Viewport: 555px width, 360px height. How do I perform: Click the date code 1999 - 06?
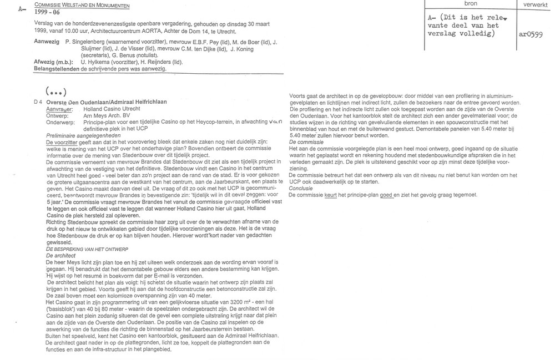[47, 11]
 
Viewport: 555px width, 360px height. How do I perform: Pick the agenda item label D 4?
[37, 103]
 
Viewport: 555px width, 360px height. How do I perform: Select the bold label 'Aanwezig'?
[47, 42]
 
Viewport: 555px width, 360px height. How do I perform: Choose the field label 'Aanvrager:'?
[59, 109]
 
